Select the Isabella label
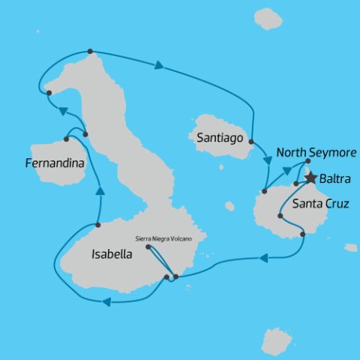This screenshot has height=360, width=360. (x=111, y=253)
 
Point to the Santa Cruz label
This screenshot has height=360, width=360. (x=318, y=203)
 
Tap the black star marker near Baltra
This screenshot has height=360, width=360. (x=309, y=178)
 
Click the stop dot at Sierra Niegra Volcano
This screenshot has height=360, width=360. (x=148, y=247)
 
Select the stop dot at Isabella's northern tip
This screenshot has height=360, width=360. (x=90, y=52)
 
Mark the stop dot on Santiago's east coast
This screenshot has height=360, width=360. (x=251, y=142)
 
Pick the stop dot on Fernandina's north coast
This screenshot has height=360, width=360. (x=67, y=139)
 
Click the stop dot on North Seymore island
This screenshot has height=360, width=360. (x=307, y=161)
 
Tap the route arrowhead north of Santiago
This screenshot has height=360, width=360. (x=159, y=67)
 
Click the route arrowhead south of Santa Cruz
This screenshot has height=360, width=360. (x=264, y=259)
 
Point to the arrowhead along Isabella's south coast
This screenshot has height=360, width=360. (x=106, y=301)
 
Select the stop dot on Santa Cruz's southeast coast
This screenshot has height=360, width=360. (x=302, y=235)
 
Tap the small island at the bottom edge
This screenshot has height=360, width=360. (x=276, y=340)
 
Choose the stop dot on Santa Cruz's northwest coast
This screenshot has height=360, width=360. (x=264, y=193)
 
